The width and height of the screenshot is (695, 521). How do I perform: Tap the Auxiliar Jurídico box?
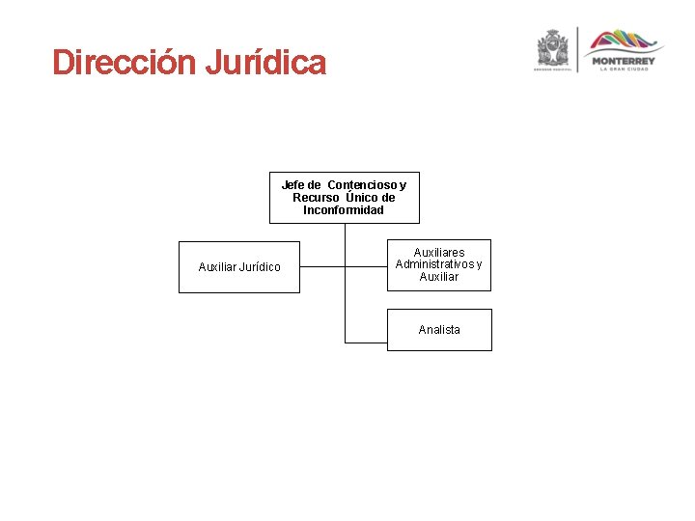pyautogui.click(x=239, y=266)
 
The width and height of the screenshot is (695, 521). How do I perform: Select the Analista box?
pyautogui.click(x=439, y=330)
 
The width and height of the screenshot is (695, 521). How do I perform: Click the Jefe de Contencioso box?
pyautogui.click(x=344, y=198)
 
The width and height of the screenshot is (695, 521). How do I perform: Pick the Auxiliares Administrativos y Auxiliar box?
pyautogui.click(x=439, y=264)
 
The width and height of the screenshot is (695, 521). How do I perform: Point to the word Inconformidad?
pyautogui.click(x=344, y=210)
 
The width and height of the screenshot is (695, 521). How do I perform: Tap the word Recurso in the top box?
pyautogui.click(x=316, y=198)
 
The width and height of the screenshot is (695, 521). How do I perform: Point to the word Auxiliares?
pyautogui.click(x=439, y=253)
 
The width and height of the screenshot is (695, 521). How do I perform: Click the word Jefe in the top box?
pyautogui.click(x=292, y=184)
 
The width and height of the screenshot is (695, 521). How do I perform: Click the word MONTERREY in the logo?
pyautogui.click(x=623, y=61)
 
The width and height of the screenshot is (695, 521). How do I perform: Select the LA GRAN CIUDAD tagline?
pyautogui.click(x=623, y=69)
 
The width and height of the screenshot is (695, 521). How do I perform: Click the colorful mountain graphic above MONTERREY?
pyautogui.click(x=625, y=41)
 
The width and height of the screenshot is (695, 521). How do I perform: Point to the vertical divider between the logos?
pyautogui.click(x=577, y=50)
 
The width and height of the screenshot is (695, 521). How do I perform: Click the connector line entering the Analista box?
pyautogui.click(x=367, y=343)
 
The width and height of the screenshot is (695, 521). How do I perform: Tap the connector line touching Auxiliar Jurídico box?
pyautogui.click(x=321, y=265)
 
